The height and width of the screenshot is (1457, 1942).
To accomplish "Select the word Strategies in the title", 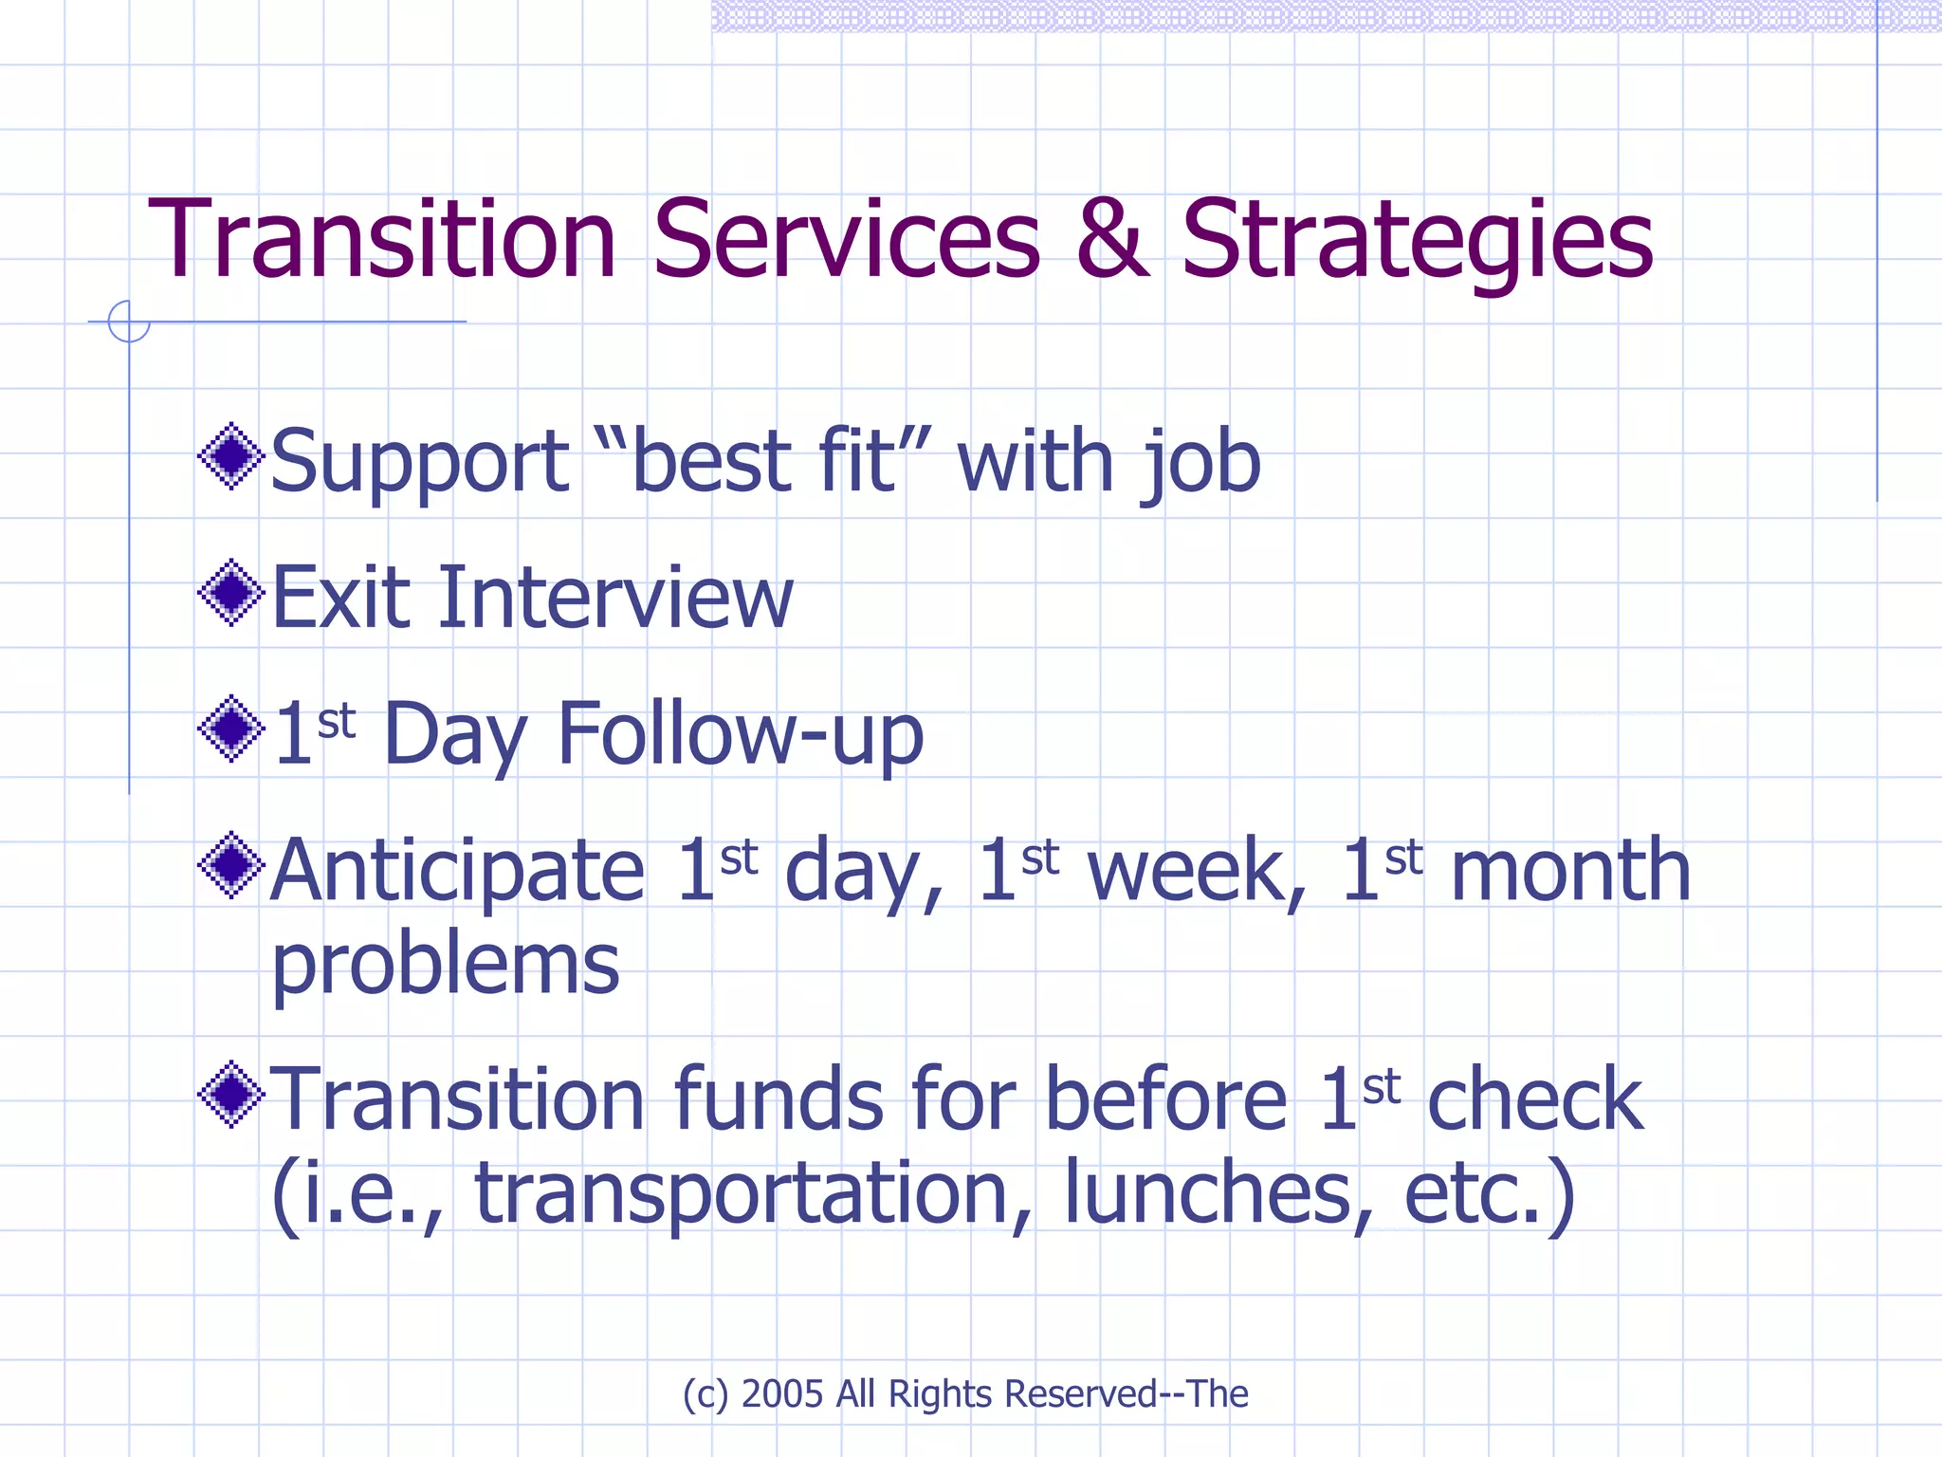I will point(1417,242).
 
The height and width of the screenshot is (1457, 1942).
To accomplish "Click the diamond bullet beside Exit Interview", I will point(230,594).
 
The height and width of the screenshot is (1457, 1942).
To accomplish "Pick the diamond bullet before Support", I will point(230,457).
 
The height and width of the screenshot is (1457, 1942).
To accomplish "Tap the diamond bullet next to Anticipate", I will point(230,865).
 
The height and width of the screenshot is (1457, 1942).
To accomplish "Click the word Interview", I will point(614,598).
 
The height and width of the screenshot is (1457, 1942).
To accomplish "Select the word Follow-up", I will point(740,735).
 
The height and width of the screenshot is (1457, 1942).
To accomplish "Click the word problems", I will point(446,966).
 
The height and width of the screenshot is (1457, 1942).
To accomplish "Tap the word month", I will point(1570,871).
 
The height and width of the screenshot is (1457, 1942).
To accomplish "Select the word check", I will point(1534,1100).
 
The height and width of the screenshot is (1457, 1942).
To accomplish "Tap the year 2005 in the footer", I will point(781,1393).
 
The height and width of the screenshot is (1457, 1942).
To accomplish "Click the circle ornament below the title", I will point(129,322).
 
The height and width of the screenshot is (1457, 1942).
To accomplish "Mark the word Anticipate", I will point(458,871).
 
